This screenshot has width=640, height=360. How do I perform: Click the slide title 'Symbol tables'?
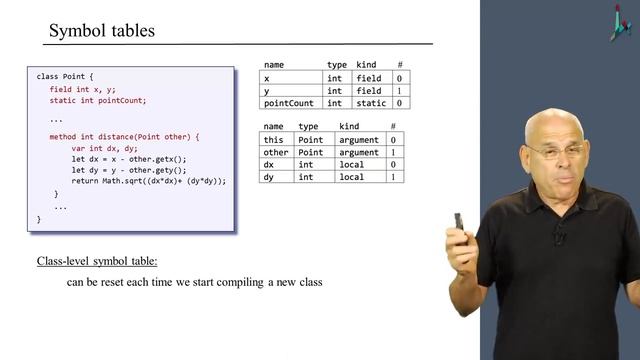[102, 30]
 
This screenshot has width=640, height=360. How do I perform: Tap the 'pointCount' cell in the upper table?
[291, 102]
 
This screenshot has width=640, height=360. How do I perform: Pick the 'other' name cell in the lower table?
[275, 152]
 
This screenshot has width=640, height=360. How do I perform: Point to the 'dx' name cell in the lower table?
[269, 164]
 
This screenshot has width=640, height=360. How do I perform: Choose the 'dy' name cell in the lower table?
[269, 177]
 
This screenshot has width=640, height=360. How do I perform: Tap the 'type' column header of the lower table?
[308, 127]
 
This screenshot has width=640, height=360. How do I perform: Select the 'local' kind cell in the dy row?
[352, 177]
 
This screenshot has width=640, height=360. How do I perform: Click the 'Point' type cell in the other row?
[310, 152]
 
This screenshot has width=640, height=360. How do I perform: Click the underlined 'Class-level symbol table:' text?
[97, 262]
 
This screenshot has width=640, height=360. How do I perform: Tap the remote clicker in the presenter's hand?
[459, 221]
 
